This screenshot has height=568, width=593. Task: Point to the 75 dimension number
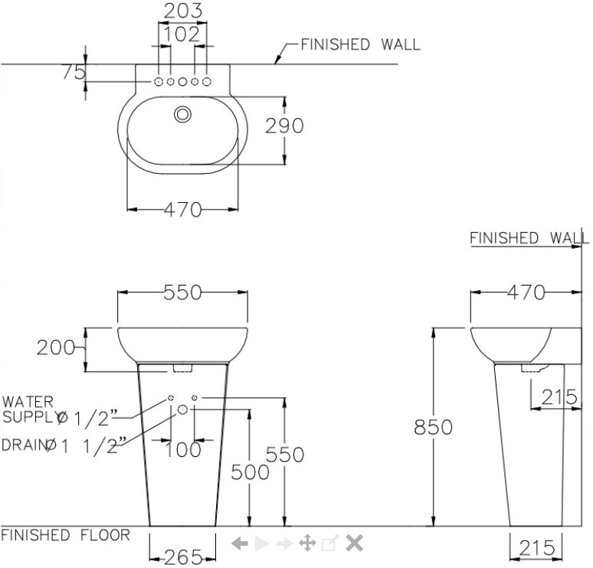[74, 72]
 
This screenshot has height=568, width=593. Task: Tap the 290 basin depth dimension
[285, 126]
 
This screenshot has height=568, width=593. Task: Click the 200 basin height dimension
[55, 349]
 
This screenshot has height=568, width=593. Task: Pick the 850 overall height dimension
[434, 427]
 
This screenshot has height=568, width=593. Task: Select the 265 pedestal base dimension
[182, 557]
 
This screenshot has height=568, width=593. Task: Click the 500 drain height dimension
[251, 472]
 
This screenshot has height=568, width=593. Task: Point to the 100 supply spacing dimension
[182, 449]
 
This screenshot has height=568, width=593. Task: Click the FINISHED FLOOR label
[65, 534]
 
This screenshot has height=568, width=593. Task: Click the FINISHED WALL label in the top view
[360, 44]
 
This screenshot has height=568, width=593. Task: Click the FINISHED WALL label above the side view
[529, 237]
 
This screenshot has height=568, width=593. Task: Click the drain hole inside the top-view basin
[182, 115]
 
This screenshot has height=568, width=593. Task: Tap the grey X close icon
[353, 544]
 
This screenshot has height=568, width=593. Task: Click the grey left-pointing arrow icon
[240, 544]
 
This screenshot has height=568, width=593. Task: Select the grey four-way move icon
[306, 544]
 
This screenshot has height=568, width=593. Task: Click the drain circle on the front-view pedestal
[182, 410]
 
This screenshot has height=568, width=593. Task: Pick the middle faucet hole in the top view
[182, 81]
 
